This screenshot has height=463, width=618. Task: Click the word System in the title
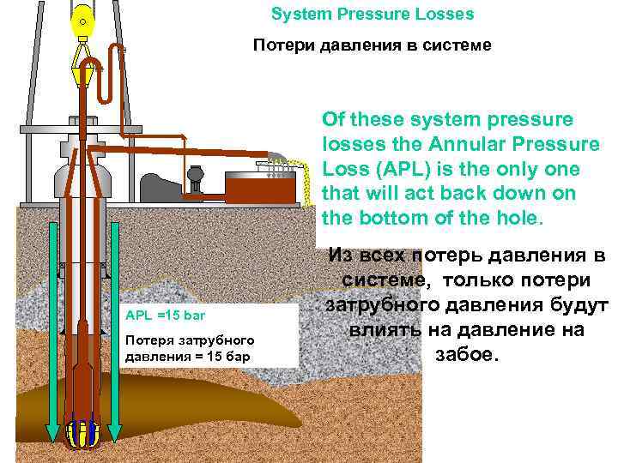click(295, 15)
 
